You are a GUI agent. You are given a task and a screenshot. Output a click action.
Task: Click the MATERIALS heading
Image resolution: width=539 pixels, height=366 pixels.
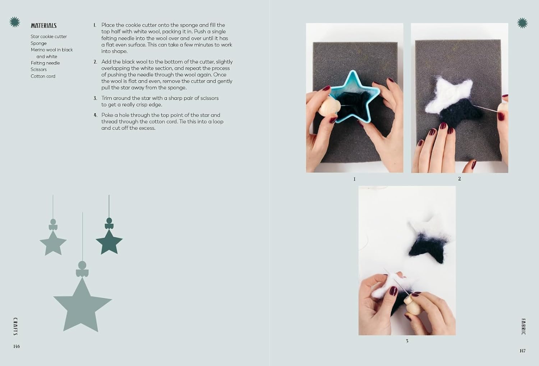pyautogui.click(x=43, y=26)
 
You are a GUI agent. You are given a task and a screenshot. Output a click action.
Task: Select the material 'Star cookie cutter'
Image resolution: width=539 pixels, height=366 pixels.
pyautogui.click(x=49, y=37)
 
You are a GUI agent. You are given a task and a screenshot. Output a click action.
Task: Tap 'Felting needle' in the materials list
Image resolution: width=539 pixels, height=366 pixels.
pyautogui.click(x=45, y=63)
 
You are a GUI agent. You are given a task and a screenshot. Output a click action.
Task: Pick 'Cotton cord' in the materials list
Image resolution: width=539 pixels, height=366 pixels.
pyautogui.click(x=43, y=76)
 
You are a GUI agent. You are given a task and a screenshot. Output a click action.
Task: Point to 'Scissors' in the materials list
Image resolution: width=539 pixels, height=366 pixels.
pyautogui.click(x=38, y=70)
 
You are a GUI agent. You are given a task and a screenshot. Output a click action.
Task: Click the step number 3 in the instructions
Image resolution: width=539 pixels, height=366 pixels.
pyautogui.click(x=95, y=98)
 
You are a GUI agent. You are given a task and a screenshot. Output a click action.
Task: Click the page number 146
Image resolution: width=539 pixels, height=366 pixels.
pyautogui.click(x=17, y=346)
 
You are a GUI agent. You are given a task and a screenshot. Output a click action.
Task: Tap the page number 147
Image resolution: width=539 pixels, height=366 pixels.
pyautogui.click(x=522, y=351)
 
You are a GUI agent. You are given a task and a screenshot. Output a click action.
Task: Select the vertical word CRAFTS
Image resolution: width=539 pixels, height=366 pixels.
pyautogui.click(x=15, y=326)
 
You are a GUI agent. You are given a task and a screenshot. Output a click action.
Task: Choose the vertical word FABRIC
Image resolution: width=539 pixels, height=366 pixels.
pyautogui.click(x=523, y=327)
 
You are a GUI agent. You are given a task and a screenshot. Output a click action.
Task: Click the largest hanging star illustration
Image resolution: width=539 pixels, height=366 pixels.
pyautogui.click(x=83, y=306)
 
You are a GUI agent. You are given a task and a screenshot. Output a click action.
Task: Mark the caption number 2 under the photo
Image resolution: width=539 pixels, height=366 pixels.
pyautogui.click(x=459, y=179)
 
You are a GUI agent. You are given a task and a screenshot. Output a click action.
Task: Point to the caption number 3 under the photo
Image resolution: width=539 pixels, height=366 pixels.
pyautogui.click(x=407, y=341)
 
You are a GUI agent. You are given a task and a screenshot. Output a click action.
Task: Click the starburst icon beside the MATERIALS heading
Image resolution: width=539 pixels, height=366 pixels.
pyautogui.click(x=15, y=22)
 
